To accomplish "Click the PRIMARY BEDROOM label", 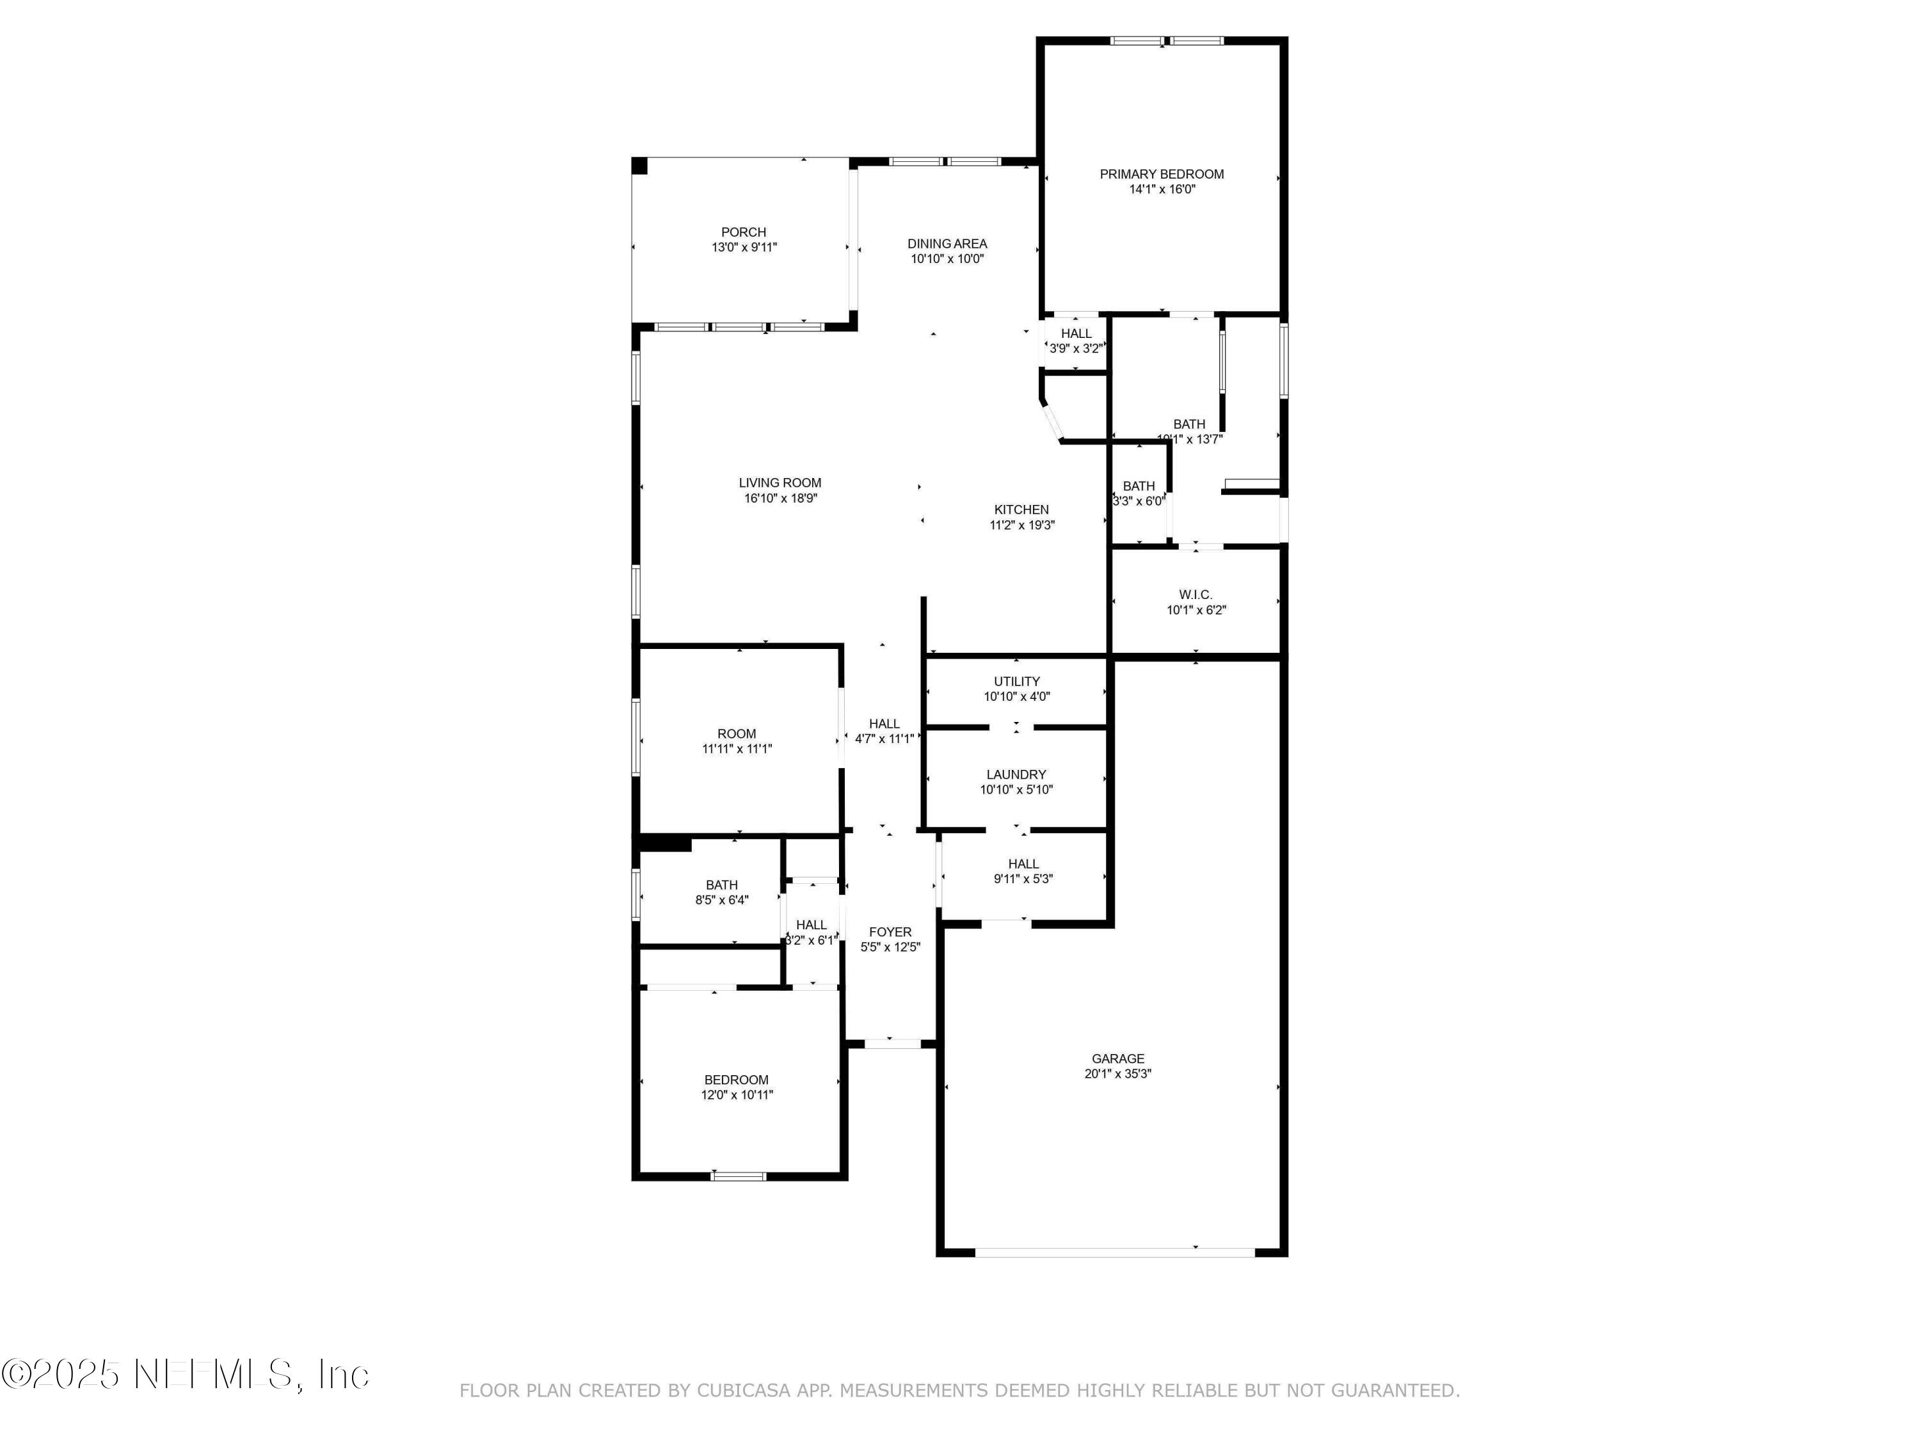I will click(1162, 173).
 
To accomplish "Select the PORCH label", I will click(743, 232).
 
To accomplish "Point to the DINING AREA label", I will click(947, 244).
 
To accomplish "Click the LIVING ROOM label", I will click(780, 483).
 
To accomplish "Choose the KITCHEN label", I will click(1021, 509).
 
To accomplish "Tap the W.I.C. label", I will click(1196, 595).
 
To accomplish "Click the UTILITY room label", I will click(1016, 682).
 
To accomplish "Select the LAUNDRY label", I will click(1016, 774).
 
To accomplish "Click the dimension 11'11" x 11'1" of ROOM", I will click(736, 748).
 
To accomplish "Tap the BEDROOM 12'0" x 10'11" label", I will click(736, 1080).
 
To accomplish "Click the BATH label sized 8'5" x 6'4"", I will click(721, 885).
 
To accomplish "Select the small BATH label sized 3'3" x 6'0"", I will click(1138, 486).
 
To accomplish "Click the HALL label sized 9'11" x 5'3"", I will click(1023, 863).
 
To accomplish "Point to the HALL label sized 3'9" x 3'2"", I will click(1075, 333).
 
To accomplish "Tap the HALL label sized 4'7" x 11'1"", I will click(884, 724).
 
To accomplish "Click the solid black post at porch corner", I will click(639, 166).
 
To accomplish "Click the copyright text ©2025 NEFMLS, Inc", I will click(185, 1374).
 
